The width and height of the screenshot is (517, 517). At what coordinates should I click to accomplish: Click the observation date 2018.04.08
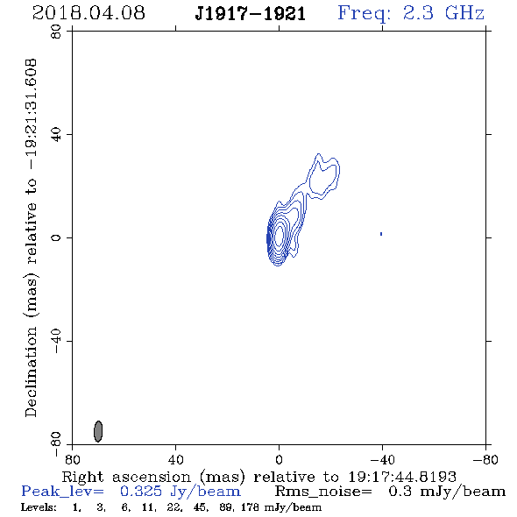click(x=89, y=13)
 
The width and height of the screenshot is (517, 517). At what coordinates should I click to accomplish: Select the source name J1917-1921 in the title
click(x=251, y=14)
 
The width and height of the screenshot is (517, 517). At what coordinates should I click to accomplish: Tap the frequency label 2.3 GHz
click(x=443, y=13)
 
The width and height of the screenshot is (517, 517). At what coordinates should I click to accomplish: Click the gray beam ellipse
click(x=98, y=431)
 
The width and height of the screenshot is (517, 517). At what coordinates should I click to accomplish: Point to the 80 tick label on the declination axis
click(x=56, y=32)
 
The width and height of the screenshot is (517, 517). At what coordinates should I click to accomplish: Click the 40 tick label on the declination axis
click(x=56, y=135)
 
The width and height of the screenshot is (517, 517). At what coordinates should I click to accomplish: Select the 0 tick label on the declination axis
click(x=56, y=237)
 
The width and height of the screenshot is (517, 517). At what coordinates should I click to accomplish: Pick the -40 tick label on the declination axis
click(x=56, y=341)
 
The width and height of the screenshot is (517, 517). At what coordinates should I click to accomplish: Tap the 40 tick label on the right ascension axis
click(x=175, y=459)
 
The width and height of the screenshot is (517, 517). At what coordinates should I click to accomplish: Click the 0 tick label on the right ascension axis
click(x=279, y=459)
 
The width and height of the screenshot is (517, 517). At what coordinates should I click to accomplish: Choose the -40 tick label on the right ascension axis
click(x=382, y=459)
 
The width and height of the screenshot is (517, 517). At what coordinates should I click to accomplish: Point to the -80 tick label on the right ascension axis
click(x=485, y=459)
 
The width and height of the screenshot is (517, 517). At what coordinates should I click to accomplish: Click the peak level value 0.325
click(x=141, y=492)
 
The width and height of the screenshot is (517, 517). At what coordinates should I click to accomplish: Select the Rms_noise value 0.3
click(x=400, y=492)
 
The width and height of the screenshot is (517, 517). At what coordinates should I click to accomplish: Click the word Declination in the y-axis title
click(x=31, y=372)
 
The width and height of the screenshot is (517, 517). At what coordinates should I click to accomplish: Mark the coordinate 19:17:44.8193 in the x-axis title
click(x=402, y=477)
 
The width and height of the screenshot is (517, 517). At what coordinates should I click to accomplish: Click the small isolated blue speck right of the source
click(x=381, y=234)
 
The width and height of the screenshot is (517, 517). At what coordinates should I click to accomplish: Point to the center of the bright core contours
click(x=279, y=236)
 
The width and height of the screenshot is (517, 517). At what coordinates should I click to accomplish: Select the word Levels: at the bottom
click(x=39, y=507)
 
